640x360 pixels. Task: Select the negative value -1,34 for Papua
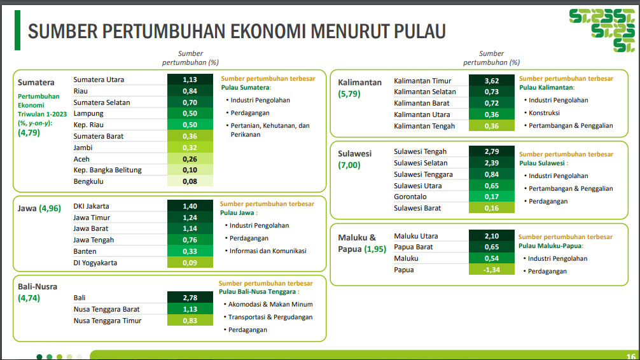(491, 270)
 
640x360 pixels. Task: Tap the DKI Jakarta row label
(91, 206)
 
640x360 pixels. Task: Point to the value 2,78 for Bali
(190, 298)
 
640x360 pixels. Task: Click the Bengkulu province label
(88, 181)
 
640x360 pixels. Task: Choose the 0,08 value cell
(190, 181)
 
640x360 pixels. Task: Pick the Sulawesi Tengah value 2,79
(491, 151)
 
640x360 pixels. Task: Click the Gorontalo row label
(410, 197)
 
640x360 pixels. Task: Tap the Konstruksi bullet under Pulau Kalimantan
(544, 113)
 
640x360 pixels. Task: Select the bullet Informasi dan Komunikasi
(268, 251)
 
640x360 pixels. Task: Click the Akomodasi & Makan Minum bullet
(270, 304)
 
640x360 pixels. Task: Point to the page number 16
(630, 356)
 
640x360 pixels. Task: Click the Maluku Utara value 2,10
(491, 236)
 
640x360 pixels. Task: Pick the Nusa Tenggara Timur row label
(108, 321)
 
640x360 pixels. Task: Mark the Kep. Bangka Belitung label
(108, 170)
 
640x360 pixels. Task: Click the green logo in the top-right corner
(602, 30)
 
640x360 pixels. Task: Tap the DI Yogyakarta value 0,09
(190, 263)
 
